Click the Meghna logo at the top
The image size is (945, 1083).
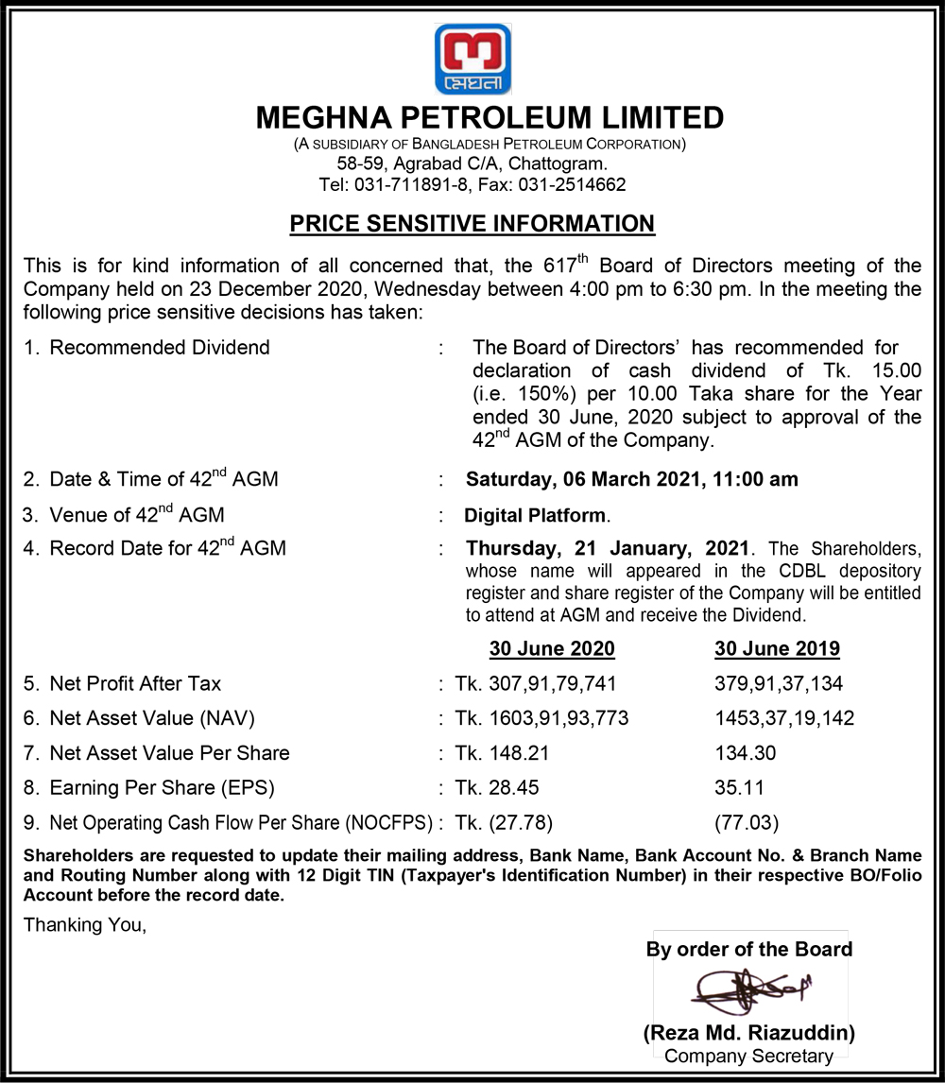472,59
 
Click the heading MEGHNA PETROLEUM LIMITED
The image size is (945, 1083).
490,118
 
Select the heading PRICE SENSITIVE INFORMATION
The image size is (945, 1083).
472,224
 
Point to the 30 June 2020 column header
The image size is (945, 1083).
551,649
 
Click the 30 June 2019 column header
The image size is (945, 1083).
777,649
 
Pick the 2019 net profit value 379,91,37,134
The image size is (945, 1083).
779,683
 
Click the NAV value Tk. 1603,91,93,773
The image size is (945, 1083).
541,718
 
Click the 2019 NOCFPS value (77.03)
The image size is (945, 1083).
747,822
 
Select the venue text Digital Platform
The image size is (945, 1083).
536,516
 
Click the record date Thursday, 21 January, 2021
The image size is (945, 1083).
608,548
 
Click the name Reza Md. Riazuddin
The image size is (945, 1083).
749,1032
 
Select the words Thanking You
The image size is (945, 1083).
85,924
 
